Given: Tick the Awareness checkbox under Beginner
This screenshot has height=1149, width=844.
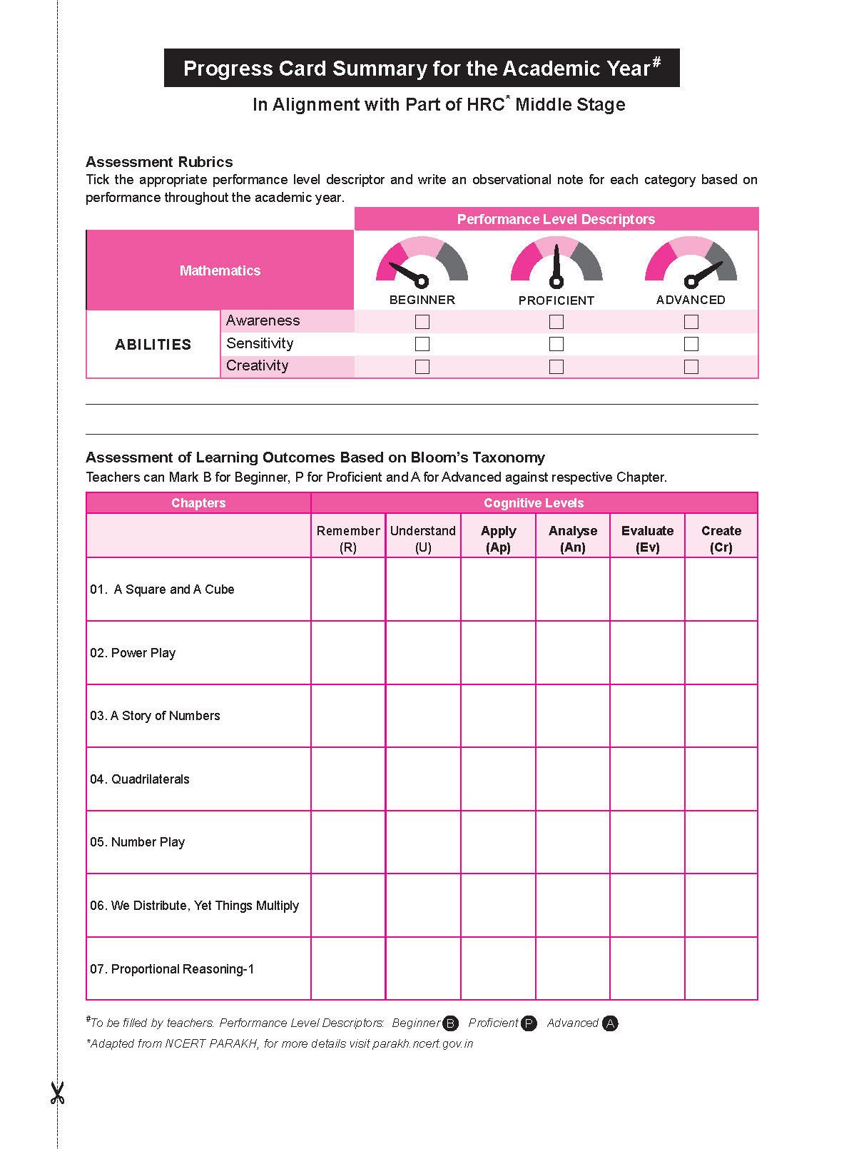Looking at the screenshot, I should [422, 322].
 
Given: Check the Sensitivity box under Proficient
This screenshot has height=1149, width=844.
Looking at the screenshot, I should [556, 344].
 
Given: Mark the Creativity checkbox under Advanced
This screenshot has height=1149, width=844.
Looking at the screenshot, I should [691, 367].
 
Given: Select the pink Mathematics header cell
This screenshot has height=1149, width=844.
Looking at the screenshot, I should [220, 270].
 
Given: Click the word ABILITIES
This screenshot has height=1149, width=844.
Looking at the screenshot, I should [153, 345].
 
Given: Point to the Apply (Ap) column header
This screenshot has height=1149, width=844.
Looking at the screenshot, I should [498, 539].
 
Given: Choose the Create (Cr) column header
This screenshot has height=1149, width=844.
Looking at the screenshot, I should [721, 539].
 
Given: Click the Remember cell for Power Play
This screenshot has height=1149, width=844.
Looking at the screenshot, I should [348, 652].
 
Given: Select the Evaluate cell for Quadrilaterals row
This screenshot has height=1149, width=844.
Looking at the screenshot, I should [647, 779].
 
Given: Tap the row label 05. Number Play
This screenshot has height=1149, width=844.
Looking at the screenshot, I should [138, 842].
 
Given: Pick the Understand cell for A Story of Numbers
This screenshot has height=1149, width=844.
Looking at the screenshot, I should [423, 716].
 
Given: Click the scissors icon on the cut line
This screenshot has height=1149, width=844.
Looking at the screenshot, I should [57, 1093].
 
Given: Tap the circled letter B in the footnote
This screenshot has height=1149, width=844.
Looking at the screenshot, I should [450, 1023].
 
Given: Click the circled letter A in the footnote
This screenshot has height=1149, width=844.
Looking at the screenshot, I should [609, 1023].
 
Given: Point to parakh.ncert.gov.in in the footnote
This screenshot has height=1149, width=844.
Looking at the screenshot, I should [422, 1043].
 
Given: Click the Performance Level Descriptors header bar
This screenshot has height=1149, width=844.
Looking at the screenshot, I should [556, 219].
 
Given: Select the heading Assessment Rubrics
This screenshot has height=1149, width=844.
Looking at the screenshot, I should [159, 162].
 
